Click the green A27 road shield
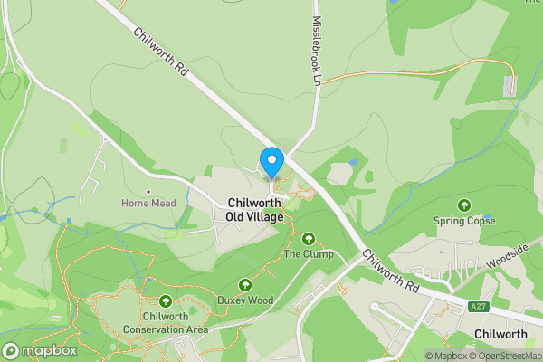tap(479, 308)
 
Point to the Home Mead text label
tap(148, 204)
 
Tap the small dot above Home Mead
tap(148, 191)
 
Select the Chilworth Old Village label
tap(256, 210)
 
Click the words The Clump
tap(309, 254)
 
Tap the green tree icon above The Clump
tap(309, 240)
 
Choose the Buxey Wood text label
tap(244, 300)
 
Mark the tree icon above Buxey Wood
tap(244, 285)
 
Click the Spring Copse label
tap(464, 220)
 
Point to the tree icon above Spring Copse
tap(464, 205)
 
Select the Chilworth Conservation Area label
tap(166, 323)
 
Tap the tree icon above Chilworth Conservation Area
tap(166, 302)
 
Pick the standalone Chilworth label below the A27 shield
tap(501, 334)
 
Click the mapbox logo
tap(38, 350)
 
